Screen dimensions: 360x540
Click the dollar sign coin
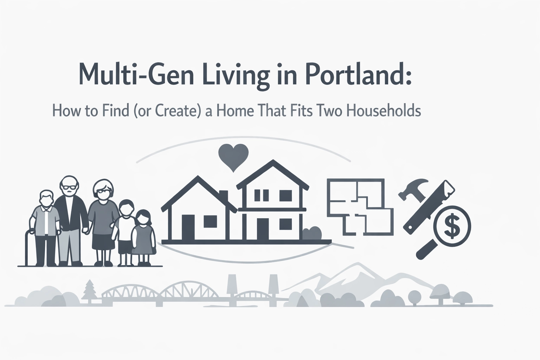click(x=452, y=226)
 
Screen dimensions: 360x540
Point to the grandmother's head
click(x=103, y=191)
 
